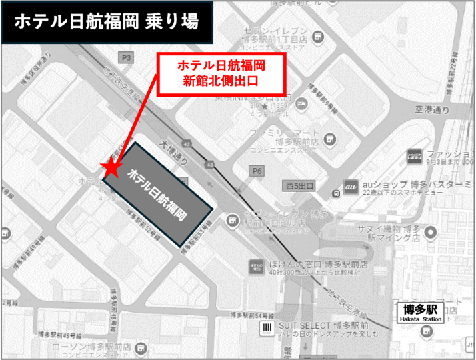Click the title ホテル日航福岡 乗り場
105,23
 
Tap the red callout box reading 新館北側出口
221,73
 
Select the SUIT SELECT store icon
267,327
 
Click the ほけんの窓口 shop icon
255,265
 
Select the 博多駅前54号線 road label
251,314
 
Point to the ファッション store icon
413,157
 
